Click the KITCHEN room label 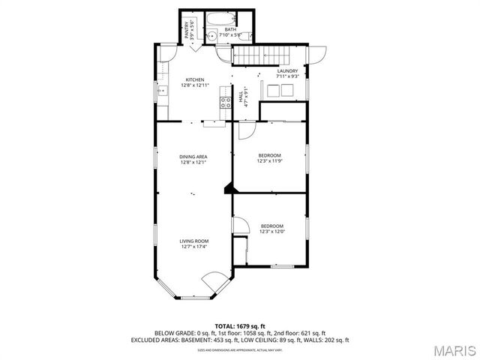[x=195, y=79]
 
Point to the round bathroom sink [x=211, y=35]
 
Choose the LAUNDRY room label [x=288, y=71]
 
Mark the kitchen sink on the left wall [x=162, y=91]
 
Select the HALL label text [x=241, y=97]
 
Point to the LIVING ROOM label [x=193, y=241]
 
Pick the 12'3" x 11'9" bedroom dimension [x=270, y=160]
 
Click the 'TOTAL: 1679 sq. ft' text [x=240, y=325]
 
